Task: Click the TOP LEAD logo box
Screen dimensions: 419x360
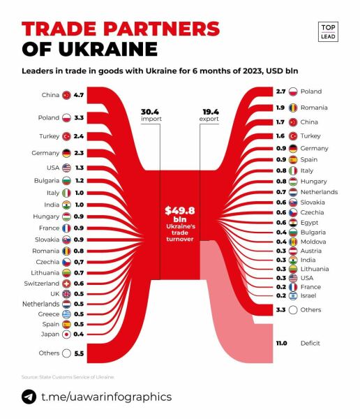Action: point(327,31)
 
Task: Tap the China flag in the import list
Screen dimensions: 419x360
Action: point(66,94)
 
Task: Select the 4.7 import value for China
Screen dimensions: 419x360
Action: point(79,94)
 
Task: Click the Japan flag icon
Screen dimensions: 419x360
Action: point(66,334)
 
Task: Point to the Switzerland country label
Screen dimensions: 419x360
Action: point(41,284)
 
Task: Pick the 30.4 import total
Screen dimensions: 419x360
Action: point(150,111)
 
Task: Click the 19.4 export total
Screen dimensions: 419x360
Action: point(211,111)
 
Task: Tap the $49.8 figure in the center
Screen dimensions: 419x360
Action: point(180,209)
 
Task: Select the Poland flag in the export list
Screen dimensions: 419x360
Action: point(293,91)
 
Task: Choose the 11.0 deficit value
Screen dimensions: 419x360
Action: point(282,343)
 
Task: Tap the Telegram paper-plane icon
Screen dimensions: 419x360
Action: point(29,397)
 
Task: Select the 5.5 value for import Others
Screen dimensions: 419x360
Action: point(79,354)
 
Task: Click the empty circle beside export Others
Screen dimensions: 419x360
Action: point(293,310)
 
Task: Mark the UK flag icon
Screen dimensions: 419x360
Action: point(66,294)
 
